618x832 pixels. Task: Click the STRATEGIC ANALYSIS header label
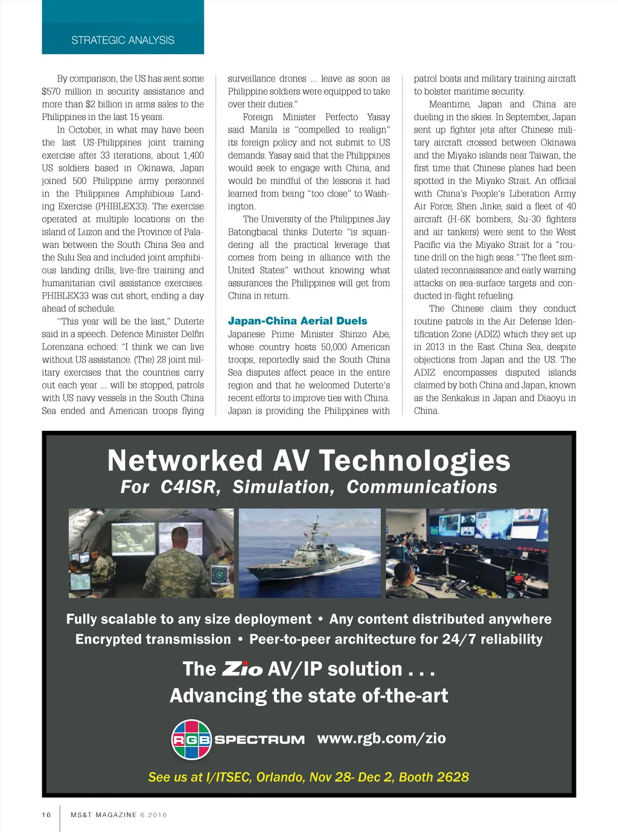tap(123, 40)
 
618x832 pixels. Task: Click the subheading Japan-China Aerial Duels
tap(298, 321)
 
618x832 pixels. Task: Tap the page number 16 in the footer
tap(46, 815)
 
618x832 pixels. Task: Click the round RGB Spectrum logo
tap(191, 739)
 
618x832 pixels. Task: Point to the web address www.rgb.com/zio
tap(381, 738)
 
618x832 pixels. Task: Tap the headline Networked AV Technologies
tap(308, 461)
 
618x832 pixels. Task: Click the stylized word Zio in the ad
tap(242, 669)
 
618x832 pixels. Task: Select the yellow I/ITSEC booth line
tap(308, 777)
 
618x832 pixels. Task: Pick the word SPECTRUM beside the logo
tap(260, 740)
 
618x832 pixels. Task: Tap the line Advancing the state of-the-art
tap(308, 696)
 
